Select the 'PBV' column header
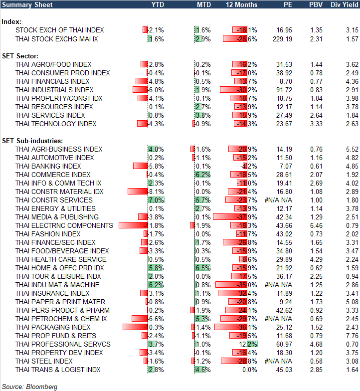click(316, 4)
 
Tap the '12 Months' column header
click(242, 4)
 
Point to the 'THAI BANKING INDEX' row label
click(48, 166)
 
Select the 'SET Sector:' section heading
click(21, 56)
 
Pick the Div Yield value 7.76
click(352, 336)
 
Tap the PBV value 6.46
click(316, 225)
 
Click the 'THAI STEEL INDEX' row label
click(44, 361)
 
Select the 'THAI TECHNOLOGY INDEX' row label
click(56, 124)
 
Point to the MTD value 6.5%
click(203, 268)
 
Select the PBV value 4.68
click(316, 344)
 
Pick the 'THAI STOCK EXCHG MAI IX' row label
click(57, 38)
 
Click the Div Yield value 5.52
click(352, 149)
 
